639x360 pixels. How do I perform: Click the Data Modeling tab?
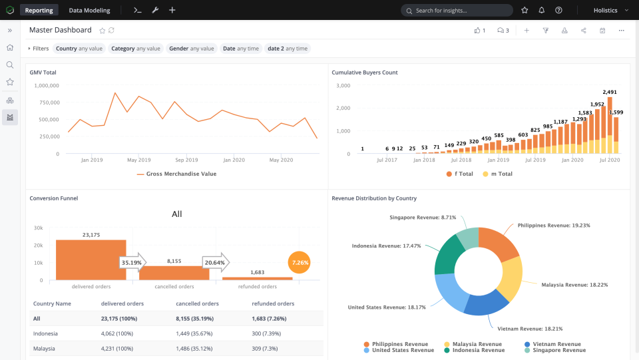coord(89,10)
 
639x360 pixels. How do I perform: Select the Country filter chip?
coord(79,49)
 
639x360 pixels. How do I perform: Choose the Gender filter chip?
coord(191,49)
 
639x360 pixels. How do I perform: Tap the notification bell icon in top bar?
coord(541,11)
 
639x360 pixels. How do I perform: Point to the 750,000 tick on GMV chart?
coord(45,102)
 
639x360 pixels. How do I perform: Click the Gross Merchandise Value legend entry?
coord(176,174)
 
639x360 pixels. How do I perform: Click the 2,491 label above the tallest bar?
coord(610,92)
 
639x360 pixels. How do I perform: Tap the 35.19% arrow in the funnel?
coord(132,263)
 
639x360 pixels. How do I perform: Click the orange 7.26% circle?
coord(300,263)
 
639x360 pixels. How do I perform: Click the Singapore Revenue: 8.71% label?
coord(423,218)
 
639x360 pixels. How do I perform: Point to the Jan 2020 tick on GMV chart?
coord(234,160)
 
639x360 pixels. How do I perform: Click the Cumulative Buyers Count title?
coord(364,73)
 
